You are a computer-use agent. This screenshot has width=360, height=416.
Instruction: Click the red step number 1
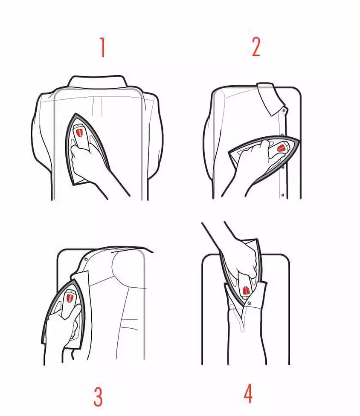[x=103, y=47]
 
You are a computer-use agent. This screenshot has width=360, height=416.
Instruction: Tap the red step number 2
[x=256, y=46]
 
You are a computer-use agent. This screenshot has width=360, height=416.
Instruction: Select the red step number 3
[x=98, y=396]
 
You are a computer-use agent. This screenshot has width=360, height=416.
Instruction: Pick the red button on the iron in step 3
[x=70, y=298]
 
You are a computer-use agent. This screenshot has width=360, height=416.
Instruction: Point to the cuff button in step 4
[x=249, y=303]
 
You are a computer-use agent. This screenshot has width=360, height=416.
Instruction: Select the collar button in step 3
[x=85, y=259]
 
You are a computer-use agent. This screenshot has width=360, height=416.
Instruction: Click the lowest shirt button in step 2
[x=283, y=195]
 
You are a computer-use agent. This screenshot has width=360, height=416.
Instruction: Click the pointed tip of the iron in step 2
[x=300, y=140]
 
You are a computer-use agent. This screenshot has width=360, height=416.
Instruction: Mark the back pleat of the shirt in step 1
[x=97, y=106]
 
